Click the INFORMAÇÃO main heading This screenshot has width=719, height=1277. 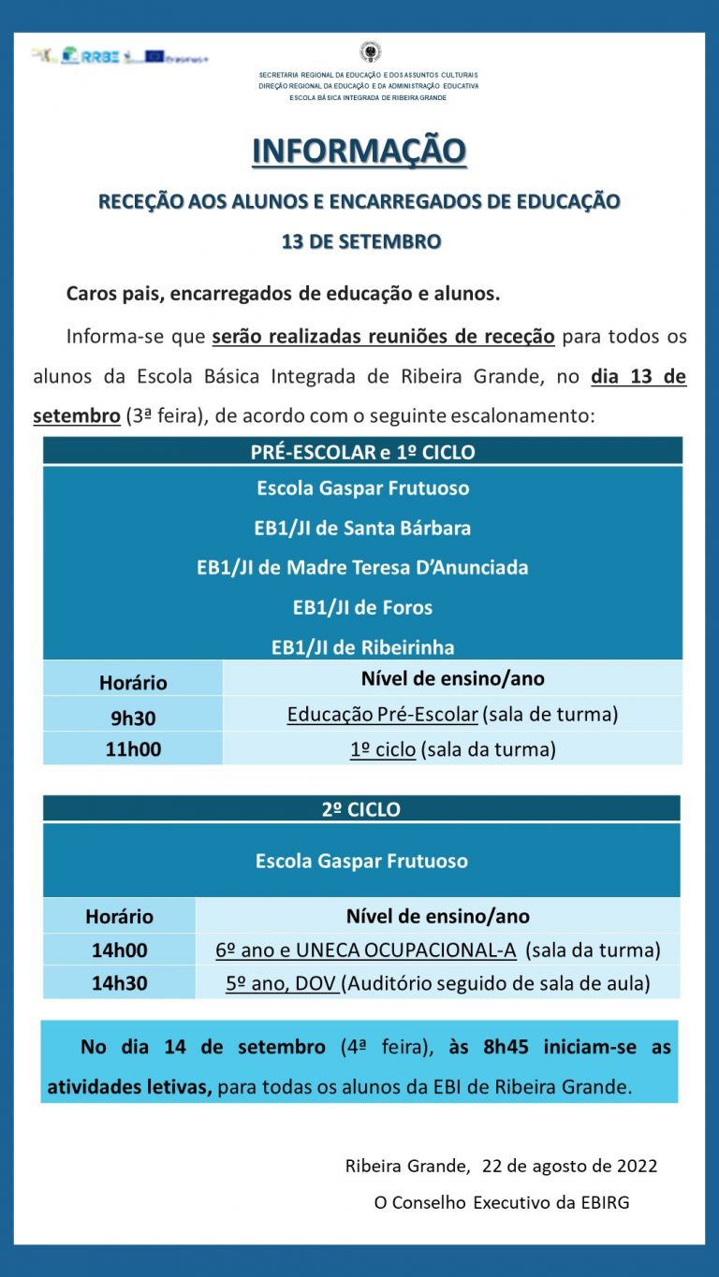click(x=359, y=151)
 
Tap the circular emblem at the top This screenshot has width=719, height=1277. click(x=371, y=52)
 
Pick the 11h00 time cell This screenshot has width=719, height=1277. click(x=132, y=749)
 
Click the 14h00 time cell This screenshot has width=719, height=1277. click(x=119, y=950)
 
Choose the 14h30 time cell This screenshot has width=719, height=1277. click(x=119, y=984)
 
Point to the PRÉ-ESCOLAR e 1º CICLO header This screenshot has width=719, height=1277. click(x=362, y=452)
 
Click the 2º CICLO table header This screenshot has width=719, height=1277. click(x=361, y=809)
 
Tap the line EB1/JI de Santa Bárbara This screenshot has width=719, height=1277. click(x=362, y=528)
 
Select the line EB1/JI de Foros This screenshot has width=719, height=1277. click(x=362, y=607)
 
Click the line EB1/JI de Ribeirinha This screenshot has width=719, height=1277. click(x=362, y=647)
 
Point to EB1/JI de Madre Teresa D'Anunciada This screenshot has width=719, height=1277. click(x=362, y=568)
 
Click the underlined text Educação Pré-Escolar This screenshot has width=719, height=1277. click(x=383, y=715)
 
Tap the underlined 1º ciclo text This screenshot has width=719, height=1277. click(x=383, y=749)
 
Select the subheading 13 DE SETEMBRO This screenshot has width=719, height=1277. click(x=360, y=241)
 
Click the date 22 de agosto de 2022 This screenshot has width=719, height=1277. click(x=569, y=1166)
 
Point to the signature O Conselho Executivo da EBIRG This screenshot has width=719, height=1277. click(x=502, y=1202)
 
